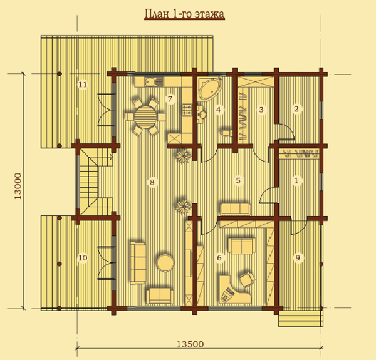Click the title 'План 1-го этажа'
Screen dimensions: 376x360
(184, 14)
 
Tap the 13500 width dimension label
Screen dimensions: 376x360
(191, 344)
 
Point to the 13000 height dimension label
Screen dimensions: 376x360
(18, 186)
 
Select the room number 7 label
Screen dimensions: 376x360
(170, 99)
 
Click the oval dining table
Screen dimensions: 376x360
(145, 117)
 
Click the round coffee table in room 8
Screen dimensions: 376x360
(165, 263)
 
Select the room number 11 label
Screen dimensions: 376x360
(83, 85)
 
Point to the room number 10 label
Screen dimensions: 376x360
(83, 258)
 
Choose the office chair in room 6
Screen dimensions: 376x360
(248, 279)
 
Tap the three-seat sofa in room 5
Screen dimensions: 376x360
(235, 209)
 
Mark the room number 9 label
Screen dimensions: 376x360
(298, 258)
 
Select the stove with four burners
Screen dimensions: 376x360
(187, 110)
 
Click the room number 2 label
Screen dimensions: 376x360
(296, 109)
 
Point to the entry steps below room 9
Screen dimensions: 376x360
(300, 318)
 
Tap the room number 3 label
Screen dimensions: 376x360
(261, 110)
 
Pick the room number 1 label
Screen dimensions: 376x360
(296, 180)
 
